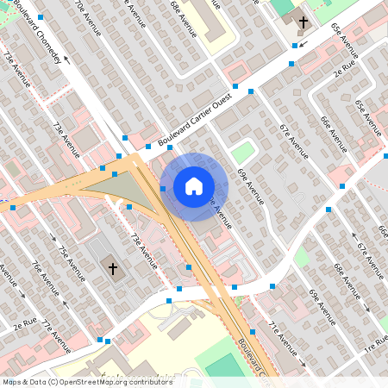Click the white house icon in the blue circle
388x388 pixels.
coord(194,185)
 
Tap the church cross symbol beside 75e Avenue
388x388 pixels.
coord(112,269)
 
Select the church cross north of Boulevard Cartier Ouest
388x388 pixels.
coord(304,22)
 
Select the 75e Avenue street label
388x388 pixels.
coord(74,263)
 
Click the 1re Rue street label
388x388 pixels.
coord(376,346)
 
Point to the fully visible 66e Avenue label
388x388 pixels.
coord(334,134)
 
